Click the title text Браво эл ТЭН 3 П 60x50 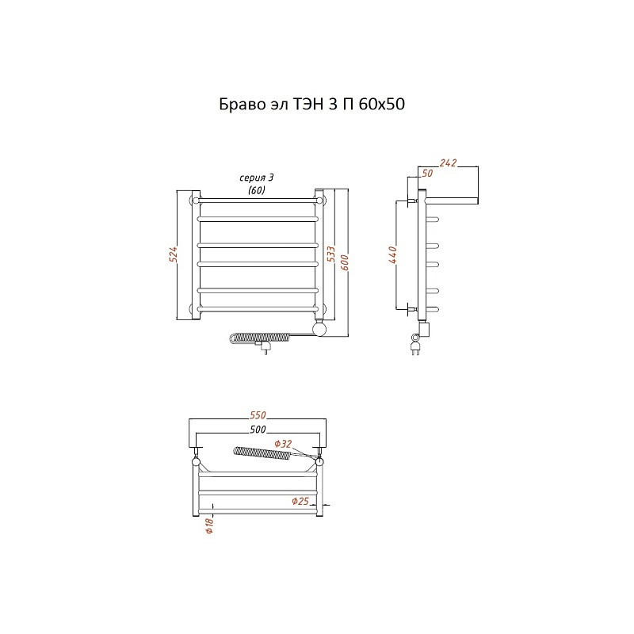point(311,105)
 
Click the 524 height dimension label point(173,254)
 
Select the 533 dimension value point(330,254)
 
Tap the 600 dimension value point(344,263)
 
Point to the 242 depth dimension point(448,162)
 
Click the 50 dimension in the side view point(427,173)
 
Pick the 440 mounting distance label point(392,254)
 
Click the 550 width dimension point(258,414)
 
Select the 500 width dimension point(258,429)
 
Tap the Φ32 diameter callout point(283,444)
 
